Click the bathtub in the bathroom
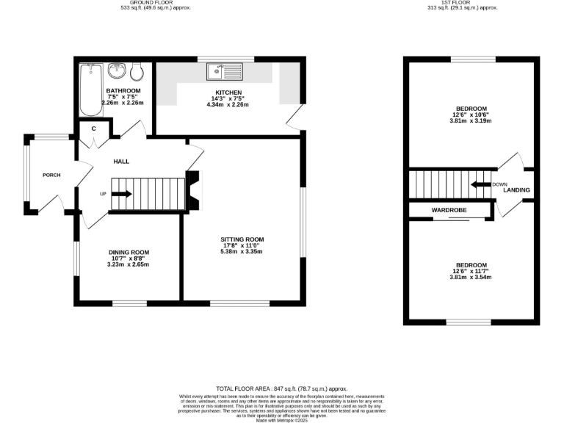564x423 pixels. point(90,89)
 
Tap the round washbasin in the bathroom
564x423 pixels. point(116,72)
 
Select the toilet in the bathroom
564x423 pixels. point(137,72)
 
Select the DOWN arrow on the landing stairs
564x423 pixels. point(481,184)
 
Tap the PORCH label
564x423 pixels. point(51,175)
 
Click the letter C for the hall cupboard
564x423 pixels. point(93,129)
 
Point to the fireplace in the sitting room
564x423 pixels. point(193,191)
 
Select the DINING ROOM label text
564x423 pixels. point(129,252)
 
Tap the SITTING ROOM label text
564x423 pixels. point(242,239)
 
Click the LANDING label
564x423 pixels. point(516,190)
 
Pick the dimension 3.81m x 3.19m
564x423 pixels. point(471,120)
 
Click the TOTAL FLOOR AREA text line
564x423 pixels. point(282,388)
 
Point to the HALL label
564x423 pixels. point(121,161)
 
